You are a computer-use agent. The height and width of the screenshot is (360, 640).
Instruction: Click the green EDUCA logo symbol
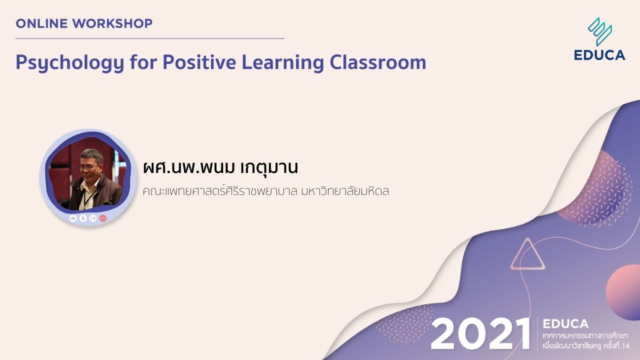point(600,31)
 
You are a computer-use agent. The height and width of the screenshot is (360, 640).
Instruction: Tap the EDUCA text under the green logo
point(599,55)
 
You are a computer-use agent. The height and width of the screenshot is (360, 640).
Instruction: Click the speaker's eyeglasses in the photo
point(89,167)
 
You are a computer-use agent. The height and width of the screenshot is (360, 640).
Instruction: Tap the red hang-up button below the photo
point(102,218)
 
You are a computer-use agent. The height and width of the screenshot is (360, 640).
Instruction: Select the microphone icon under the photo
point(83,218)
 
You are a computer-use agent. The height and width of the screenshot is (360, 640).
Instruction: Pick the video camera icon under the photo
point(92,218)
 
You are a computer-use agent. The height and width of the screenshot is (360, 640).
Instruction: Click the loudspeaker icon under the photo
point(73,218)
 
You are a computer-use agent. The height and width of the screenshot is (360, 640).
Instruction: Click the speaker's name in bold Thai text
point(220,167)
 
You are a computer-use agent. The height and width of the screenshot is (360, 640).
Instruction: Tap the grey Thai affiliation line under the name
point(265,191)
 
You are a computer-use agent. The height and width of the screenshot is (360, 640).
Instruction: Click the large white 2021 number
point(480,334)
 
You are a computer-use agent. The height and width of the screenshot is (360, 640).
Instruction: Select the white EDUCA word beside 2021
point(565,324)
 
